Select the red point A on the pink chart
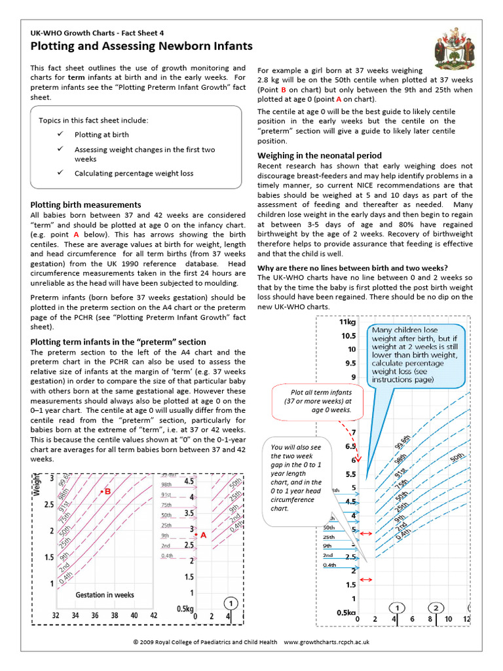coord(196,535)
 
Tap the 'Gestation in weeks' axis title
coord(105,595)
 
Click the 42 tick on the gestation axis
coord(154,616)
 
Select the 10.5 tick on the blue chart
coord(348,335)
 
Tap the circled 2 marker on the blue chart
coord(438,607)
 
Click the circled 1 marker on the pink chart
coord(232,602)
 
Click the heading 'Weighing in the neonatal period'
coord(320,156)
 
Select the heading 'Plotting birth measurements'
coord(86,205)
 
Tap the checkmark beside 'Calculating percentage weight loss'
coord(60,173)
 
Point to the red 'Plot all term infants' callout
coord(317,400)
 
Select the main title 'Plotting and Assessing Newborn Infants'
coord(141,46)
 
